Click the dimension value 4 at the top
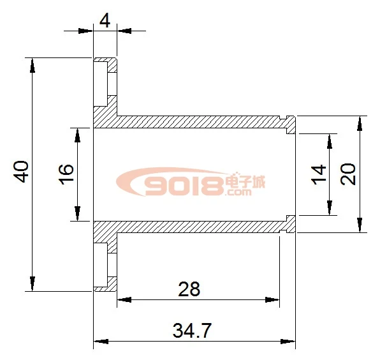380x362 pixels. click(105, 21)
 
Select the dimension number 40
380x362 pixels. click(21, 172)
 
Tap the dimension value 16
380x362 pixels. click(66, 174)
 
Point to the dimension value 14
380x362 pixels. click(318, 174)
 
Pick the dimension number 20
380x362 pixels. click(347, 174)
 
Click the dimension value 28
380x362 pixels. click(189, 289)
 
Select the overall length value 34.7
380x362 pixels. click(192, 330)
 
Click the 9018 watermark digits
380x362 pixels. click(184, 186)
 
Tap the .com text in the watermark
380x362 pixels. click(238, 192)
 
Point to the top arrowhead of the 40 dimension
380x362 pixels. click(33, 66)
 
